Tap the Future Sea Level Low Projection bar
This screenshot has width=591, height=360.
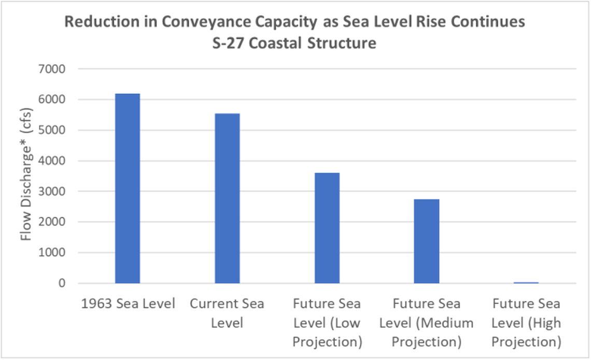tap(327, 228)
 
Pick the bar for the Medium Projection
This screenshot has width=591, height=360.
tap(427, 241)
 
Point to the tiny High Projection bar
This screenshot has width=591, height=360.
tap(526, 283)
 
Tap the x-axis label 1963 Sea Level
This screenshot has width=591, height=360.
tap(128, 304)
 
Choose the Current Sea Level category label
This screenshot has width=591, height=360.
tap(227, 313)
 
